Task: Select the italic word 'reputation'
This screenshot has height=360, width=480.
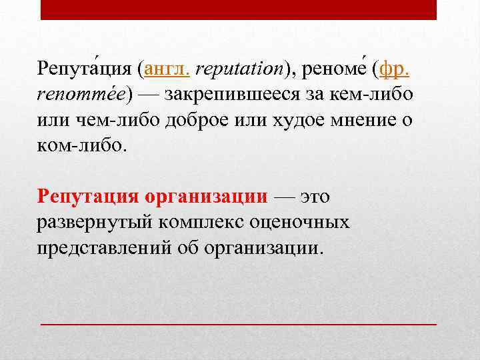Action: pos(240,68)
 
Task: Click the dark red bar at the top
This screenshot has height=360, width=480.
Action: pos(239,9)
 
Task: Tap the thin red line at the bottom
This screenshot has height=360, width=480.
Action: pos(239,323)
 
